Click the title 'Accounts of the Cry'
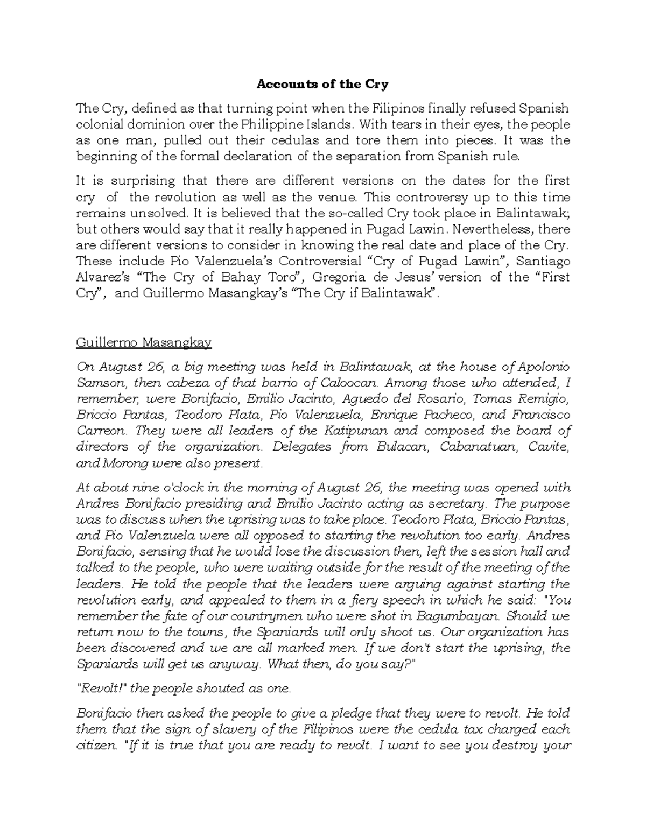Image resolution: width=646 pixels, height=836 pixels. click(322, 85)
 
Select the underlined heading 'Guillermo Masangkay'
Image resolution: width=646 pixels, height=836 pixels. click(144, 342)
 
